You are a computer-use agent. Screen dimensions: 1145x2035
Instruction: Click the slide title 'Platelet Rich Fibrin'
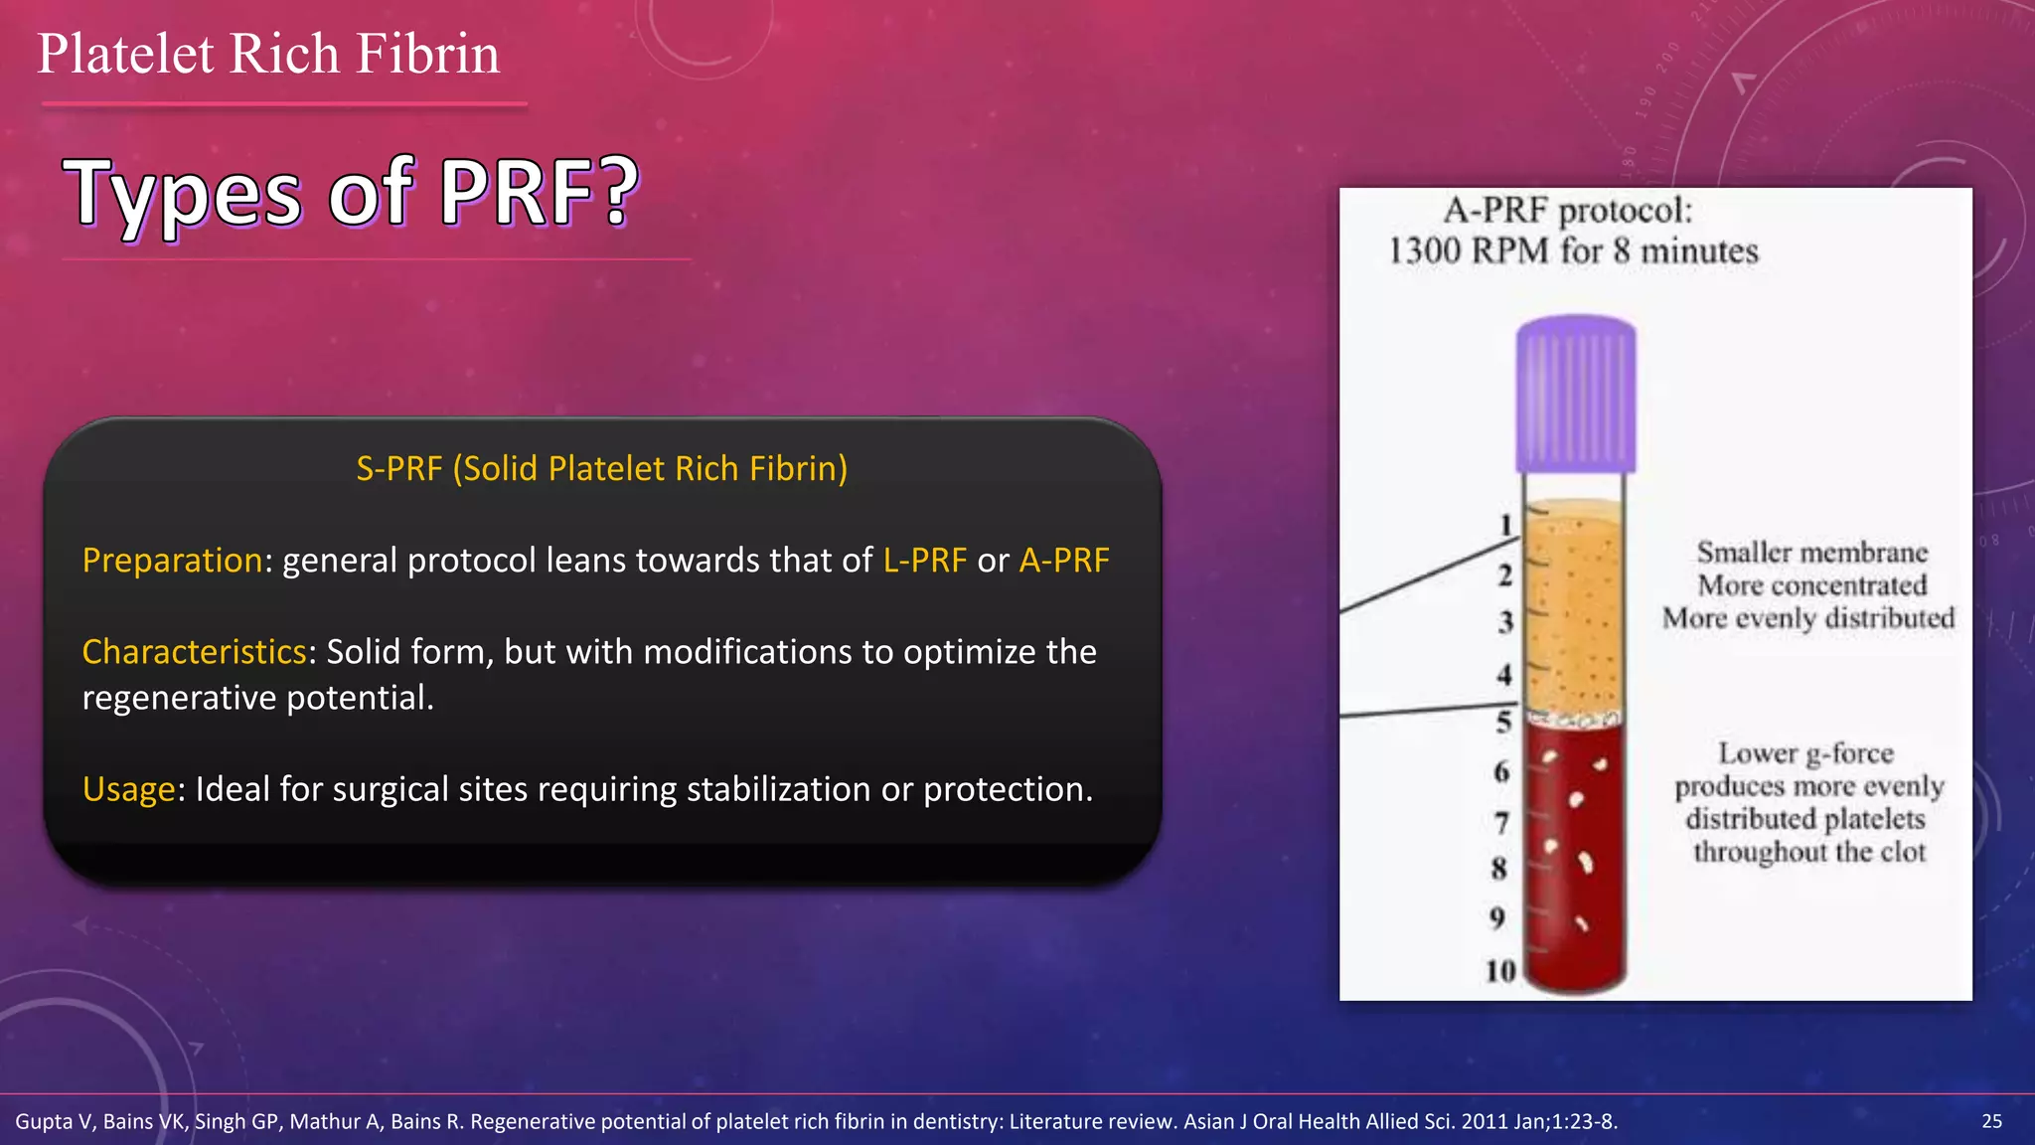tap(268, 54)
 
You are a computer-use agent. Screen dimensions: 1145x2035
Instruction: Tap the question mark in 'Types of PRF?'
tap(618, 191)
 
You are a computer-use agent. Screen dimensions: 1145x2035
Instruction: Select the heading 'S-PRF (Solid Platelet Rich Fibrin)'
tap(601, 468)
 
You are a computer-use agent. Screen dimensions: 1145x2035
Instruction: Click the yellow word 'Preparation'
tap(172, 561)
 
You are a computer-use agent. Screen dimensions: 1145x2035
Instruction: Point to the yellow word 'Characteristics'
tap(194, 652)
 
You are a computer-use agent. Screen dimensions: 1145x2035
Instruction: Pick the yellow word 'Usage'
tap(128, 789)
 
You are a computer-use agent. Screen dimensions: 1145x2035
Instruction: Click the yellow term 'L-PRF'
tap(924, 561)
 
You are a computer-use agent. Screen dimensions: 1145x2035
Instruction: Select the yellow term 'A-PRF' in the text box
tap(1064, 561)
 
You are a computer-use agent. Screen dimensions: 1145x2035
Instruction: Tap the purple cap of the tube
tap(1575, 394)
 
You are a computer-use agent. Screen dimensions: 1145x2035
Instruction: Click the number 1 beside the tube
tap(1505, 525)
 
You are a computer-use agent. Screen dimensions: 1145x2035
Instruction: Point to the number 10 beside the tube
tap(1499, 970)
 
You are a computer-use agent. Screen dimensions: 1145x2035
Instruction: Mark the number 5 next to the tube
tap(1503, 723)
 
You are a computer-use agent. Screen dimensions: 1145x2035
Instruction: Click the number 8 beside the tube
tap(1499, 869)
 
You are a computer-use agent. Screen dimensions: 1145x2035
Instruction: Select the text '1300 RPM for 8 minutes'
tap(1573, 250)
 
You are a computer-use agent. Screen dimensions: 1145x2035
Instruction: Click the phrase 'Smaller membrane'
tap(1811, 553)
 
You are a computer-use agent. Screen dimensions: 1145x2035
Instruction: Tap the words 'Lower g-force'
tap(1805, 753)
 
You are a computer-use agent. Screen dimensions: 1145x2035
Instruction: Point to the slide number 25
tap(1991, 1121)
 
